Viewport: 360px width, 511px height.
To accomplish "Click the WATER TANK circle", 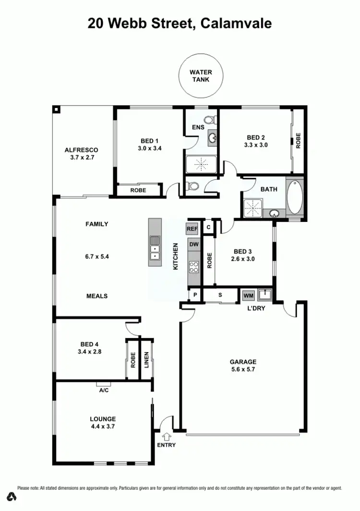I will [x=202, y=76].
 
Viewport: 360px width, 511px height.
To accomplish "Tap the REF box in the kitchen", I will [x=192, y=229].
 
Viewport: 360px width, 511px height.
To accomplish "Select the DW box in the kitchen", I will [x=193, y=244].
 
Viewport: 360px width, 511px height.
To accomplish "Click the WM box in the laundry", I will [x=248, y=295].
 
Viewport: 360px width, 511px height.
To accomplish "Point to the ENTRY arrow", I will [x=167, y=437].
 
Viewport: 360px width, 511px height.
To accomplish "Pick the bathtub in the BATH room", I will [x=295, y=197].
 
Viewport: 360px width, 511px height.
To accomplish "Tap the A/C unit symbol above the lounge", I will [x=103, y=384].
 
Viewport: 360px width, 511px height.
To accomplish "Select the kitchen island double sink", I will [x=155, y=248].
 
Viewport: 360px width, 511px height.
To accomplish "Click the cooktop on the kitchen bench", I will [x=194, y=267].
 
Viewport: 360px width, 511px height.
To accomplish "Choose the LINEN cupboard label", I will [x=146, y=360].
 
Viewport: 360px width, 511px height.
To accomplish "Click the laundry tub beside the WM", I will [x=265, y=294].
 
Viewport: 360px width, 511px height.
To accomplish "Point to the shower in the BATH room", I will [x=253, y=207].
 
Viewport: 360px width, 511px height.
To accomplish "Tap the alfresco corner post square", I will [x=57, y=109].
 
